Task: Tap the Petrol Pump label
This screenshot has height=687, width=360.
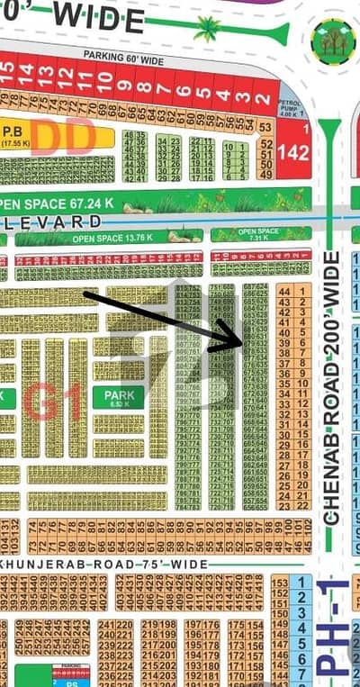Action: click(x=290, y=107)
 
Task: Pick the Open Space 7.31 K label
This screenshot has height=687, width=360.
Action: click(x=260, y=234)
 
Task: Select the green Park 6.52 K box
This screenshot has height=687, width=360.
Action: click(x=118, y=398)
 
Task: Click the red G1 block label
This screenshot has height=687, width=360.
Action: click(x=53, y=402)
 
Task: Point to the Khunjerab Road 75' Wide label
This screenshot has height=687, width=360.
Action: click(x=108, y=564)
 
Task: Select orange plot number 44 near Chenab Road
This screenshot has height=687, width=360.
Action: click(x=284, y=292)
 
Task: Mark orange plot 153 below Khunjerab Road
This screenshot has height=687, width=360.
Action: click(x=278, y=583)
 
